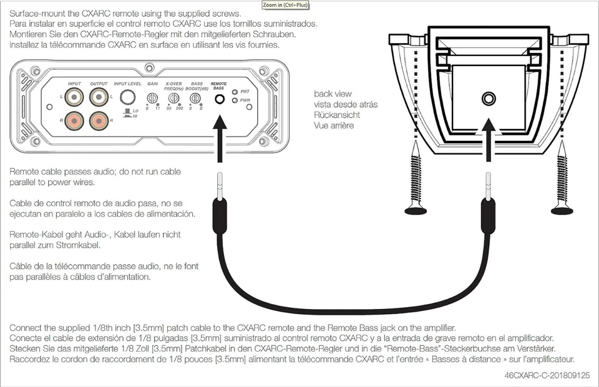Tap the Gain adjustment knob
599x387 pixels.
pyautogui.click(x=152, y=98)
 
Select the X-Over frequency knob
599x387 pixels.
pyautogui.click(x=175, y=98)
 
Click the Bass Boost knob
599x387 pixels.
pyautogui.click(x=195, y=98)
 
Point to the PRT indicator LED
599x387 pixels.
pyautogui.click(x=235, y=92)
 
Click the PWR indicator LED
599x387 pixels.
pyautogui.click(x=235, y=100)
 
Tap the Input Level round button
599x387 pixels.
pyautogui.click(x=128, y=97)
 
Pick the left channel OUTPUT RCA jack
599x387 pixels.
pyautogui.click(x=99, y=97)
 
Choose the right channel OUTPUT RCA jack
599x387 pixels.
pyautogui.click(x=99, y=119)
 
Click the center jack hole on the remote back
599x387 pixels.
pyautogui.click(x=487, y=98)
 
